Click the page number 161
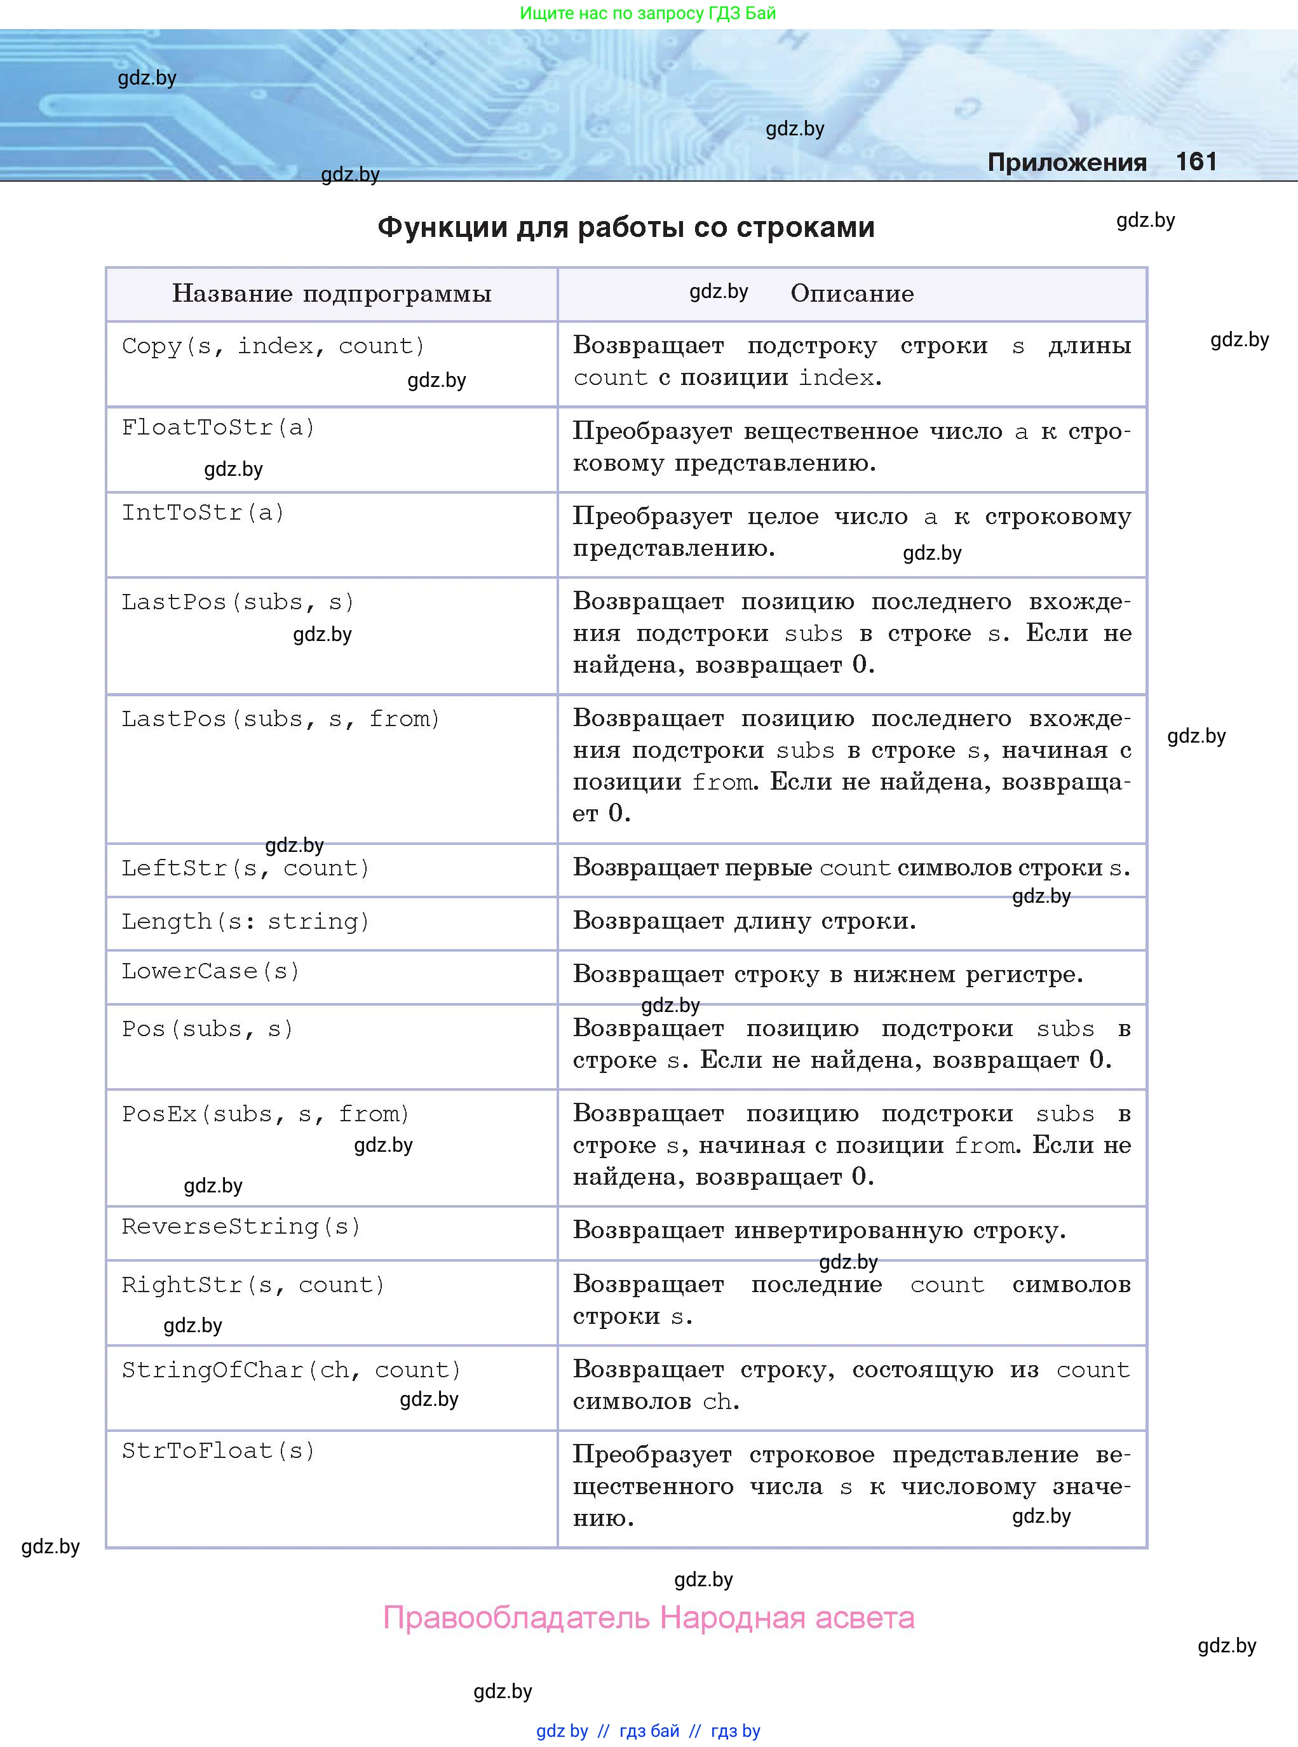(x=1196, y=162)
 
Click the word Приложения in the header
(x=1066, y=163)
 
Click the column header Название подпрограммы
(x=332, y=293)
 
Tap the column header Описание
(x=852, y=293)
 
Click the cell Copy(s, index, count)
(x=273, y=346)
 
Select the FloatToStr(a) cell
(x=219, y=428)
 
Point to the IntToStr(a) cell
(x=203, y=513)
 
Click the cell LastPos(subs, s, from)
(x=280, y=718)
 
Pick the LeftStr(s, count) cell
(x=245, y=868)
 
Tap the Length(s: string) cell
(x=245, y=921)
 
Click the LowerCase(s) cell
(x=210, y=972)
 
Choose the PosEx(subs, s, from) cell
(x=266, y=1114)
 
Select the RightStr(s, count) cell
(x=253, y=1285)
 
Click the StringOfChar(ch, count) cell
(x=291, y=1370)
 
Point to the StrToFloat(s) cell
(x=219, y=1451)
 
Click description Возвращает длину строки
(x=744, y=921)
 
